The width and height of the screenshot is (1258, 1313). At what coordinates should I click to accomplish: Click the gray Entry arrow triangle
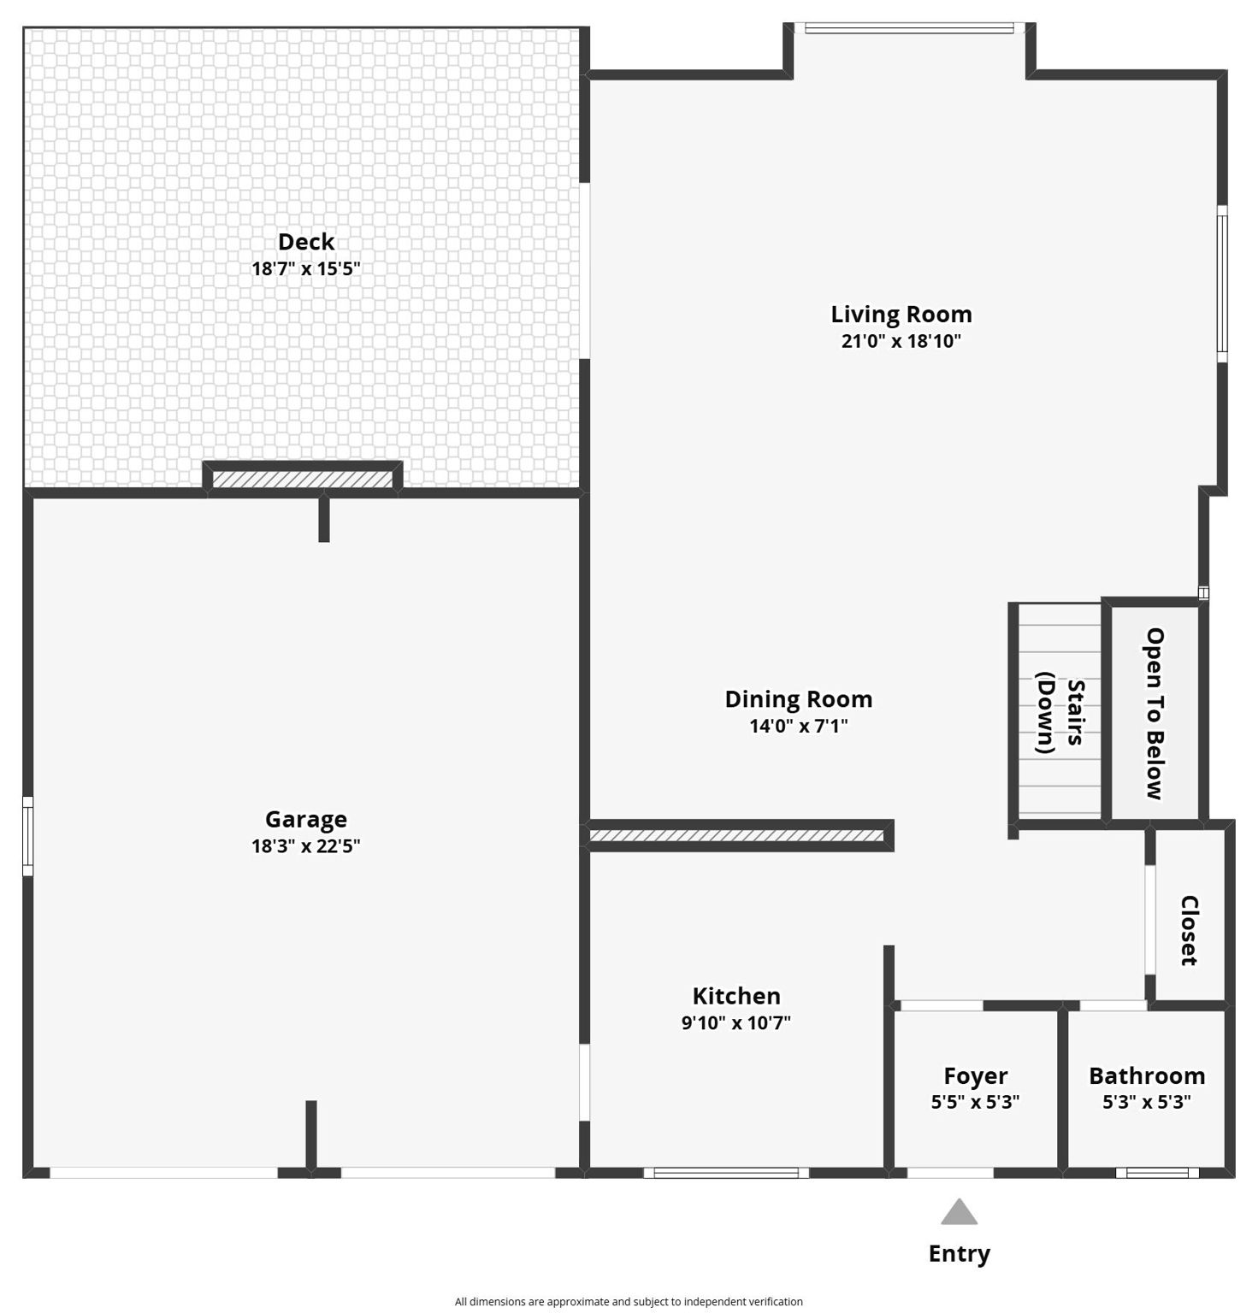960,1212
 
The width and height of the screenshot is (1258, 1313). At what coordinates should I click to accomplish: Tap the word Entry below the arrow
960,1254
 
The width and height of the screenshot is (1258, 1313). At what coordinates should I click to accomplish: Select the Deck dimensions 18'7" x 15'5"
306,268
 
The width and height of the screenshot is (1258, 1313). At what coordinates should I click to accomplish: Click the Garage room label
306,820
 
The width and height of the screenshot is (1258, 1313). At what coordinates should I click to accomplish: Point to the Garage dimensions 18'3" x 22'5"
306,846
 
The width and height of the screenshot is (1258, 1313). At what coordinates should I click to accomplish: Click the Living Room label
901,315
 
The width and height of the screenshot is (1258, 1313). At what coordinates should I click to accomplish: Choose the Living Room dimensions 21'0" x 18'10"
901,341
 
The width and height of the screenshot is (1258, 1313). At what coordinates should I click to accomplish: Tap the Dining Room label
799,699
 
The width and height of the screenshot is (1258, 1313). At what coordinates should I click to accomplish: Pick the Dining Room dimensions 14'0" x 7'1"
799,726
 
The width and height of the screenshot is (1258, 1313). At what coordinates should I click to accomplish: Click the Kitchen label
736,996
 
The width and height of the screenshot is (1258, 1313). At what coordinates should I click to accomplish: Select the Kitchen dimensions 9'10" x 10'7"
736,1022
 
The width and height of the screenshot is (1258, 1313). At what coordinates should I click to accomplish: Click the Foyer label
976,1075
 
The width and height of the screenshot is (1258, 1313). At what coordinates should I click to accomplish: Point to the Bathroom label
1147,1075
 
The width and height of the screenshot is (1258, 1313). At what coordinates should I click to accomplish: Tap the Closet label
1189,931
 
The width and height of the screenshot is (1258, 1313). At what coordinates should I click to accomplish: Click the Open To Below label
1155,714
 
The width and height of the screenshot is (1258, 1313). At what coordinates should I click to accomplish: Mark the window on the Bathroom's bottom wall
1157,1173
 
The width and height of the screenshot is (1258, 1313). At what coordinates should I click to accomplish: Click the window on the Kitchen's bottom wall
726,1173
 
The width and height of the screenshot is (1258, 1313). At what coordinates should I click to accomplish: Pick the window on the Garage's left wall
27,836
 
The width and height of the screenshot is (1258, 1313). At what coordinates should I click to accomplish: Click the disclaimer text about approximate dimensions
629,1302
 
